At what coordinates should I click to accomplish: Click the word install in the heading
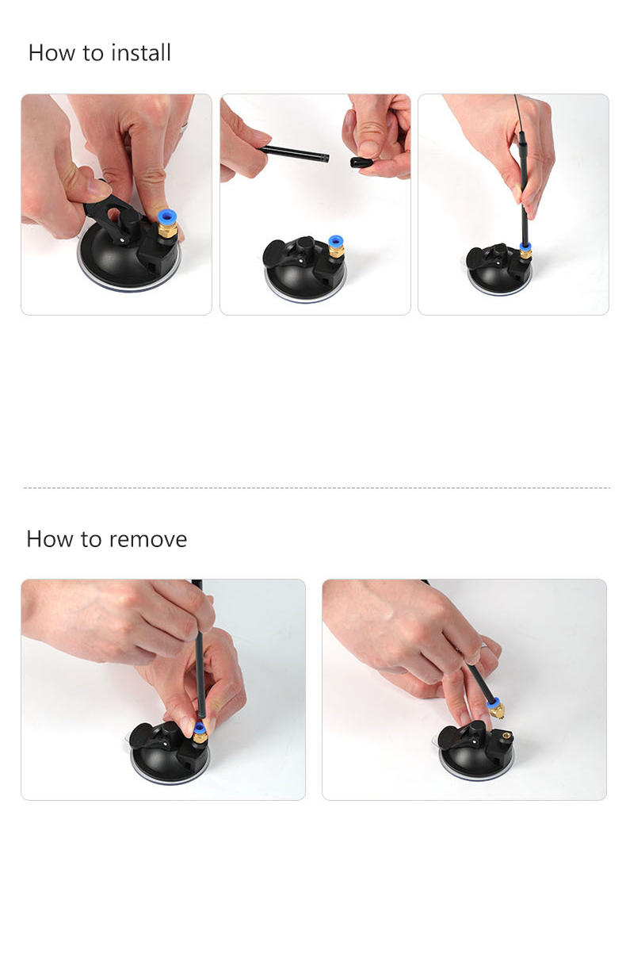(x=141, y=53)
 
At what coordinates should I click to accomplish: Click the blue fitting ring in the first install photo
(x=167, y=216)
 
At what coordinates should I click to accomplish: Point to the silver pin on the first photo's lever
(x=123, y=240)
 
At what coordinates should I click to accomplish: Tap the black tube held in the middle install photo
(x=295, y=153)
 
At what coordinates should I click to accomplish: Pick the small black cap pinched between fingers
(x=360, y=163)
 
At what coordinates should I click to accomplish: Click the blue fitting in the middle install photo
(x=336, y=240)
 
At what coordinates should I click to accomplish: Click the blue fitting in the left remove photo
(x=199, y=728)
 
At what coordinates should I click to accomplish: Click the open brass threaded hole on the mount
(x=507, y=736)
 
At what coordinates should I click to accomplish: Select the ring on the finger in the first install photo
(x=183, y=128)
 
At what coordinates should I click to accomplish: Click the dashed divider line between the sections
(x=317, y=488)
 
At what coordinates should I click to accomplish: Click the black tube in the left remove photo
(x=200, y=649)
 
